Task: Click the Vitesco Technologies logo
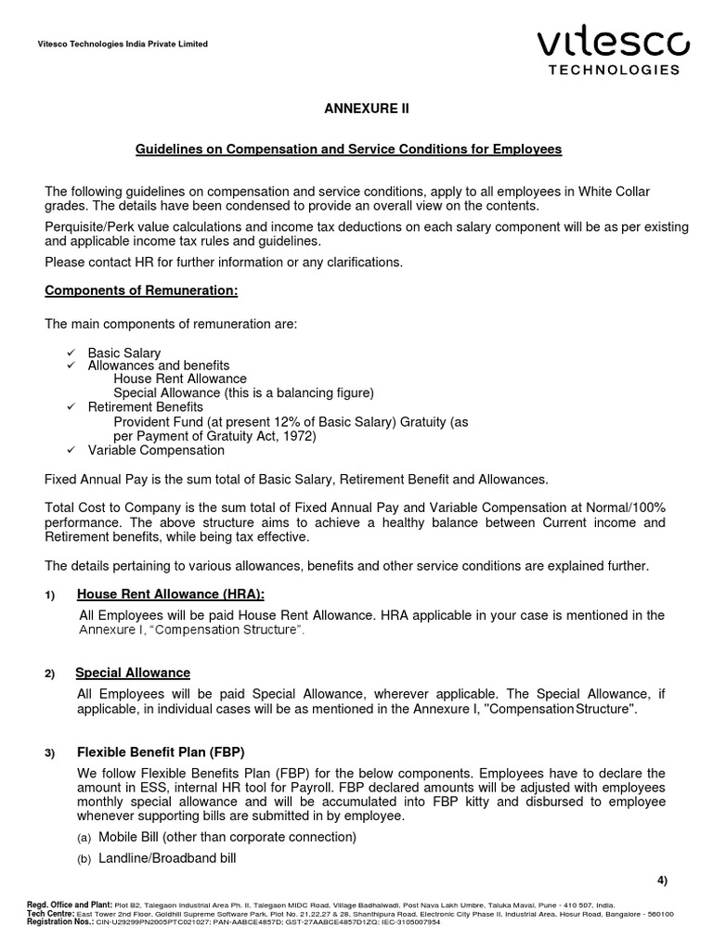(x=613, y=50)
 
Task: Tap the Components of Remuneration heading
(x=141, y=291)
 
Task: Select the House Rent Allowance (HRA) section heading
(x=176, y=594)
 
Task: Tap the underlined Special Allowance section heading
(x=133, y=673)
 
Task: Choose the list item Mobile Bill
(x=217, y=837)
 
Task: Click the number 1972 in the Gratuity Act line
(x=300, y=435)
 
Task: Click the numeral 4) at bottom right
(x=661, y=879)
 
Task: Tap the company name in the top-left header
(x=122, y=44)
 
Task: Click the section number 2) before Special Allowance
(x=51, y=674)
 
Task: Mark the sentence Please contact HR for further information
(x=224, y=263)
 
